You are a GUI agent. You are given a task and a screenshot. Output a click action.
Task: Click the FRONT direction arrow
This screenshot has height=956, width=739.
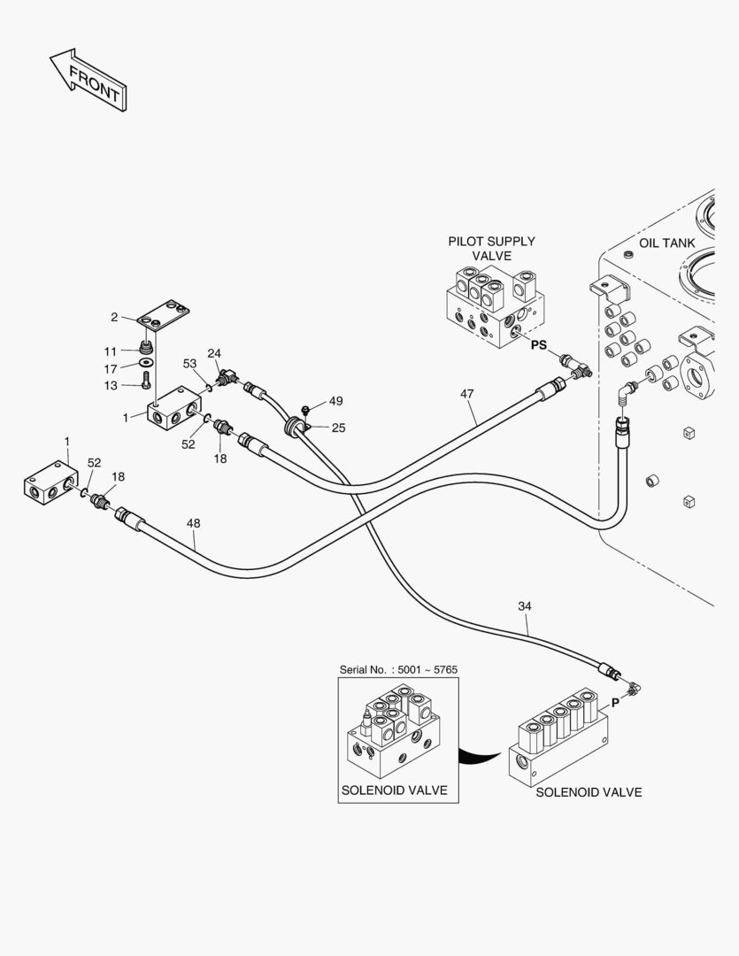coord(89,79)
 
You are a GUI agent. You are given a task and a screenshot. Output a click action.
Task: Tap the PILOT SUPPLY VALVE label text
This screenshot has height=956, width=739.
coord(491,248)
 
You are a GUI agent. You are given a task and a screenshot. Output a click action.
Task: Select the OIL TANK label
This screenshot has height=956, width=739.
coord(666,243)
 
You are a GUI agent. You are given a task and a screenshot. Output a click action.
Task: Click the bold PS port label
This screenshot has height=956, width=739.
coord(539,347)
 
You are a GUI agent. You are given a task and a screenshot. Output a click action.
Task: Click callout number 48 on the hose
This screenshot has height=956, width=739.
coord(195,524)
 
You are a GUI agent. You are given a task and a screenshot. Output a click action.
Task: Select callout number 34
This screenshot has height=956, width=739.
coord(525,606)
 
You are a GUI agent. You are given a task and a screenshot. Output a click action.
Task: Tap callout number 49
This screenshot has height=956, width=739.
coord(335,401)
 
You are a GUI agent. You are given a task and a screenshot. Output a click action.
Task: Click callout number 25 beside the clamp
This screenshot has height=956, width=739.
coord(338,428)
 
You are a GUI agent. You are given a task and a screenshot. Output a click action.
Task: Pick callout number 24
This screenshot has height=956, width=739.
coord(214,353)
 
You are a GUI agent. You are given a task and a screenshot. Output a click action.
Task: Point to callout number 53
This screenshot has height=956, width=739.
coord(189,363)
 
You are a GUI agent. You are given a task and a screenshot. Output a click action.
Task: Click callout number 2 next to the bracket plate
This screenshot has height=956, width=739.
coord(114,317)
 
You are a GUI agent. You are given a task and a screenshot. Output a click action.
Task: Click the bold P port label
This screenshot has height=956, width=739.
coord(615,702)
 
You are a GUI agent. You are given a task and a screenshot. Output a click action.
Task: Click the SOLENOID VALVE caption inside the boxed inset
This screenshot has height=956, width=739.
coord(394,790)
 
